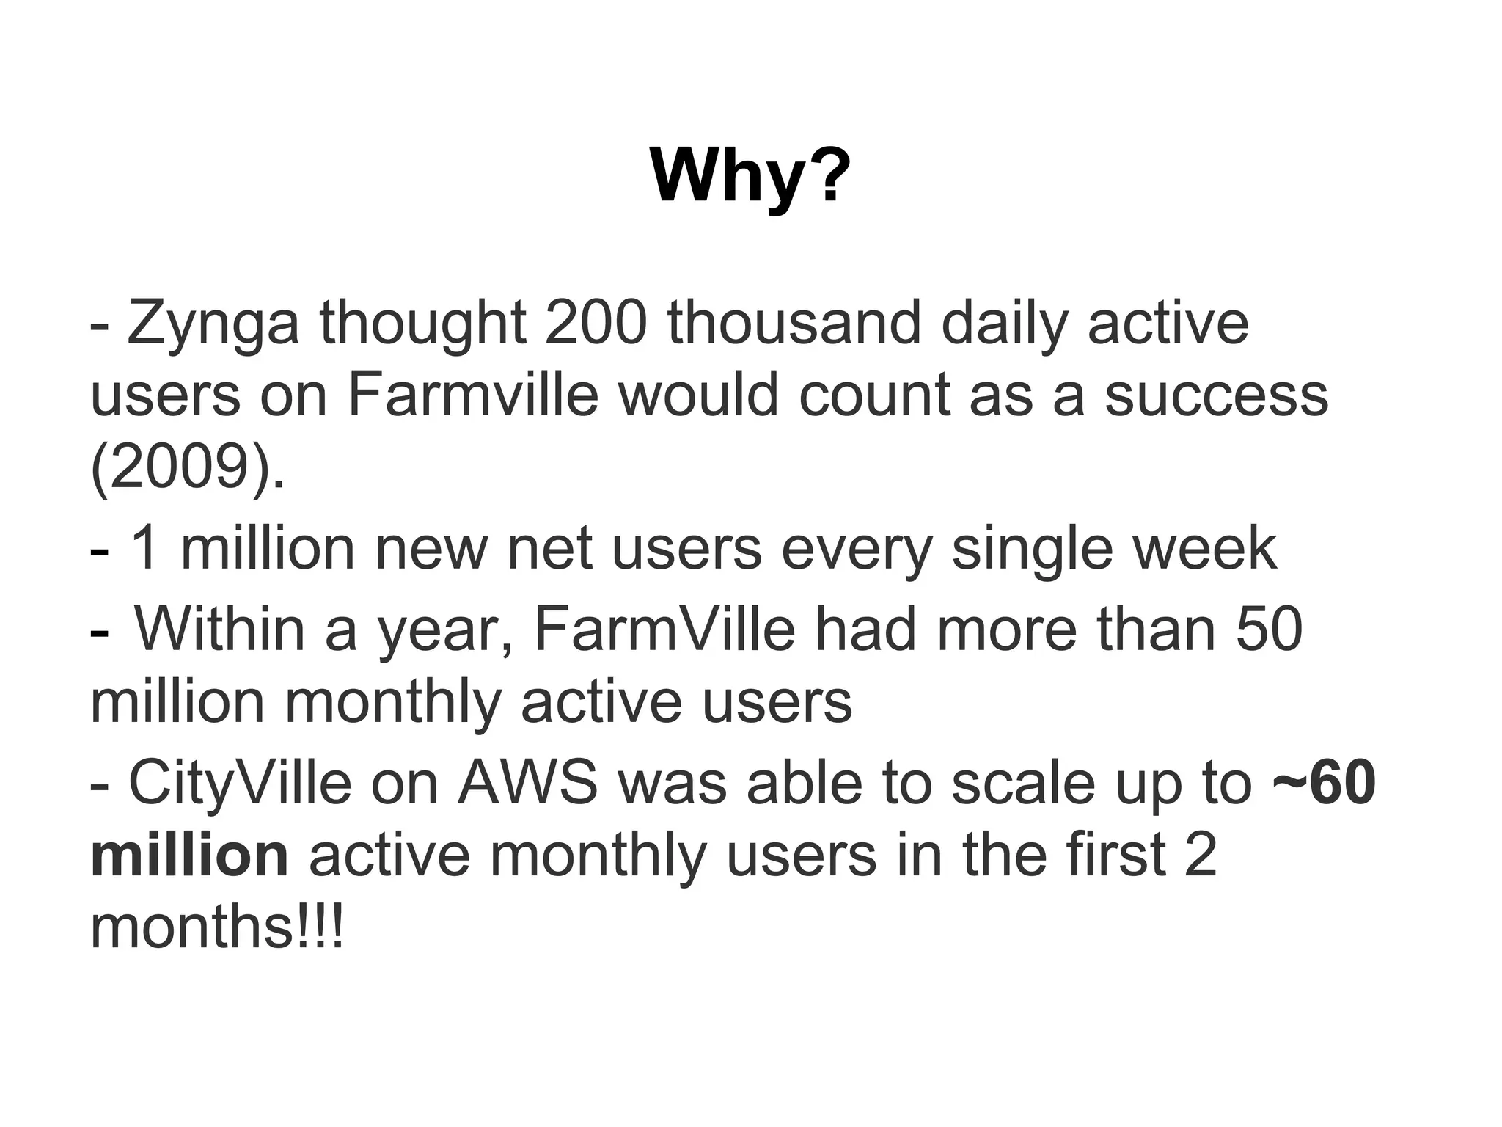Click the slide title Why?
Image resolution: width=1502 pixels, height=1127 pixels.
pos(750,177)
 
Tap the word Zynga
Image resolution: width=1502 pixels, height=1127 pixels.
pos(213,324)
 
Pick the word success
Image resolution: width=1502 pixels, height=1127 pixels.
pos(1216,395)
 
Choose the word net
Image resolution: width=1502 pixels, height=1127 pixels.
pos(549,549)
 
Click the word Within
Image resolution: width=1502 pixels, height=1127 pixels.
pos(220,629)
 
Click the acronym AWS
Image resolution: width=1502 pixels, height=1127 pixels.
pos(527,783)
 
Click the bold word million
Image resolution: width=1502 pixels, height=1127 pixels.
pos(189,855)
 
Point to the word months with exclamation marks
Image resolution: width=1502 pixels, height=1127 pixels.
pos(216,927)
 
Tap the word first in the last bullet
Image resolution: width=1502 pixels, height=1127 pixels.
pos(1115,855)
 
